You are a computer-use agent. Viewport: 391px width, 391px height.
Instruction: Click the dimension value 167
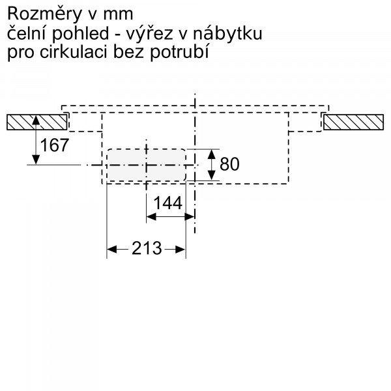coord(54,145)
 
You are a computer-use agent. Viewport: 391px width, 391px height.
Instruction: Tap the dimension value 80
coord(229,164)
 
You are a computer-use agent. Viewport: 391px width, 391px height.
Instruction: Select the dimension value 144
coord(167,203)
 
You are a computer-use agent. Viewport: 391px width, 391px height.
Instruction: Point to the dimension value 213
coord(147,248)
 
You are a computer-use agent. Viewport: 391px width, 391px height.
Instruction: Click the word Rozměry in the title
coord(44,14)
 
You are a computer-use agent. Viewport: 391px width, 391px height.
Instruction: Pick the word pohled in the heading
coord(80,34)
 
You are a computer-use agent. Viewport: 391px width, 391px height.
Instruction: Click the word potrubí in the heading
coord(179,52)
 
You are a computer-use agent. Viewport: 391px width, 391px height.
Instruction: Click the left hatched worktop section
coord(37,123)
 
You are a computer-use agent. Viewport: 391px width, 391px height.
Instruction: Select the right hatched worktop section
coord(353,123)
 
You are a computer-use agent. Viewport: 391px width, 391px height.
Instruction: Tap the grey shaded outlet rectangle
coord(147,165)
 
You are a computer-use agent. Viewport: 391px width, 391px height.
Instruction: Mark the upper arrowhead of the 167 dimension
coord(36,120)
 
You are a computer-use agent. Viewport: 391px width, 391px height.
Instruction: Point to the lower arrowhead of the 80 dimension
coord(211,175)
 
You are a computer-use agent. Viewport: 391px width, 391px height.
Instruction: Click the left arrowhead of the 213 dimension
coord(111,249)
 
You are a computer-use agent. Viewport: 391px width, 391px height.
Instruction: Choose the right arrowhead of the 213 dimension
coord(181,249)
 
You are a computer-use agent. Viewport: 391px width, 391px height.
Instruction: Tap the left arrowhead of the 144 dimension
coord(151,217)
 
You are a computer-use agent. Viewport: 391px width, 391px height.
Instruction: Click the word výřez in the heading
coord(149,33)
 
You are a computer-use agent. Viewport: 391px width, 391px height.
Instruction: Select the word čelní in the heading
coord(27,33)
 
